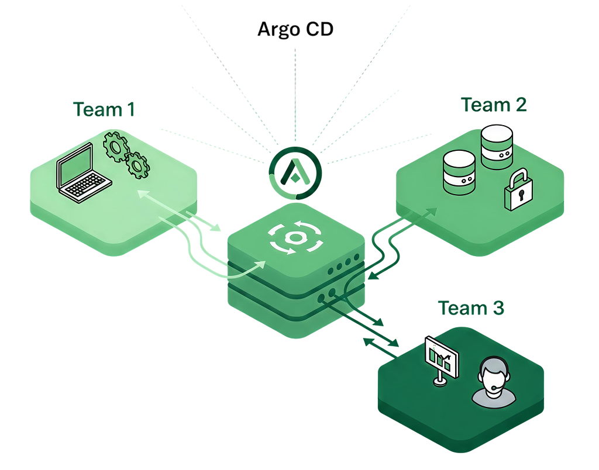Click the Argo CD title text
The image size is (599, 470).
tap(295, 30)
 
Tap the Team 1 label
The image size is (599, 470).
tap(104, 109)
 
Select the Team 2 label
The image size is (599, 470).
tap(494, 105)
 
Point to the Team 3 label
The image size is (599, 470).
tap(471, 307)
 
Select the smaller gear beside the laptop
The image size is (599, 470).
tap(138, 165)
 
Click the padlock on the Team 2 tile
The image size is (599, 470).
tap(518, 191)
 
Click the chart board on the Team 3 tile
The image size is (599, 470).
tap(441, 357)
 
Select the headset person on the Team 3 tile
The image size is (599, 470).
tap(494, 383)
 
